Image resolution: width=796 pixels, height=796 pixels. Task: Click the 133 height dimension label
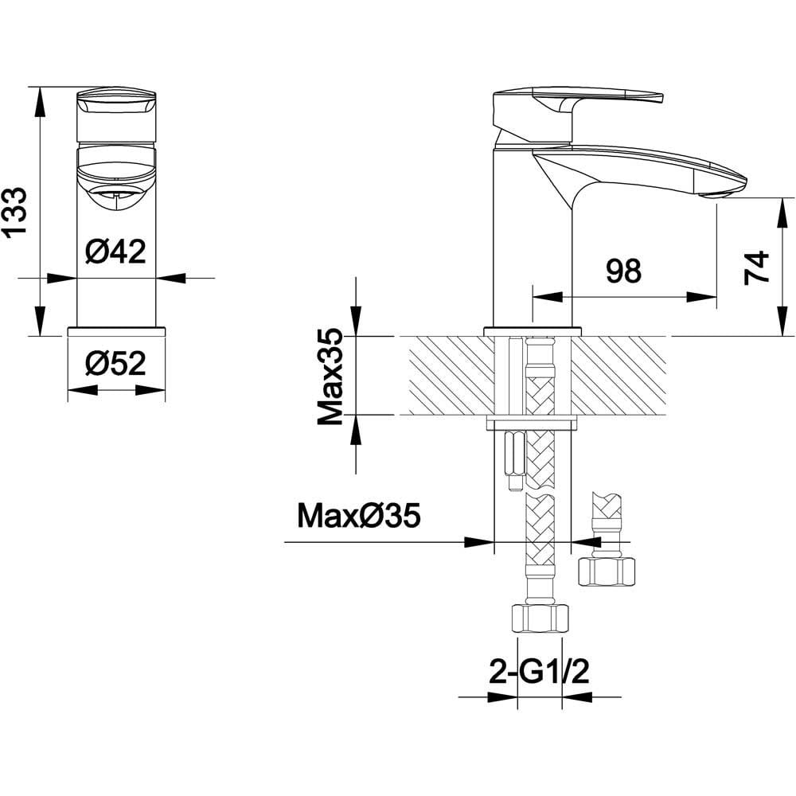pyautogui.click(x=14, y=212)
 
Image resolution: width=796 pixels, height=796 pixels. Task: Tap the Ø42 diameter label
pyautogui.click(x=115, y=251)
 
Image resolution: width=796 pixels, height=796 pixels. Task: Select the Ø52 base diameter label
pyautogui.click(x=115, y=364)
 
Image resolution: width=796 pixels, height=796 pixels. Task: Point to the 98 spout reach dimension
pyautogui.click(x=624, y=271)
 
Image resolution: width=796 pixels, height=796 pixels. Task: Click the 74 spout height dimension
pyautogui.click(x=757, y=267)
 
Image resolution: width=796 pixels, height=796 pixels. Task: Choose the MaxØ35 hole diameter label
pyautogui.click(x=360, y=515)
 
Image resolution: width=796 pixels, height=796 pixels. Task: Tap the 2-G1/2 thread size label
pyautogui.click(x=539, y=672)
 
